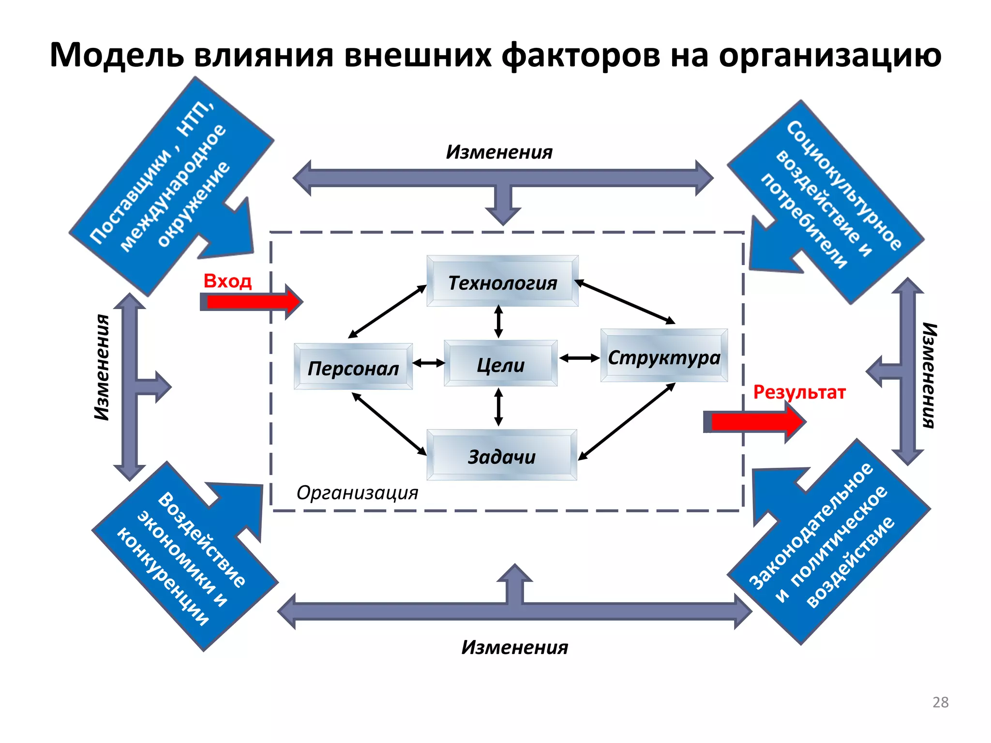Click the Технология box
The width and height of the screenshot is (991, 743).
(502, 282)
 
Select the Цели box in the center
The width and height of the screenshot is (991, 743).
(500, 364)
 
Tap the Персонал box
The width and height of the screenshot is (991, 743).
(353, 367)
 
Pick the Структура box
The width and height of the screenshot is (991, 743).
(664, 357)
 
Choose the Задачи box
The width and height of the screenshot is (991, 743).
(502, 456)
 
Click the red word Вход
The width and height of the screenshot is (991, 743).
(227, 281)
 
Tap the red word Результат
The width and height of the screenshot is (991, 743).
(799, 391)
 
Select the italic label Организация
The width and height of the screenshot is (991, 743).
(357, 493)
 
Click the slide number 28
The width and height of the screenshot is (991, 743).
(940, 702)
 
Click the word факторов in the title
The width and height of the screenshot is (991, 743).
(581, 55)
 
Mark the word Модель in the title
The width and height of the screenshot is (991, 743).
(117, 55)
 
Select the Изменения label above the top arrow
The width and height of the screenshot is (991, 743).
(499, 152)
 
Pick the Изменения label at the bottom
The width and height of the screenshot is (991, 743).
(514, 647)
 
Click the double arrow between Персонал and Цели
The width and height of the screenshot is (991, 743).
(428, 363)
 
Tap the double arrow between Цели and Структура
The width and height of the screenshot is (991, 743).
(579, 358)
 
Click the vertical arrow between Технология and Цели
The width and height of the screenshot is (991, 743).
(498, 322)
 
